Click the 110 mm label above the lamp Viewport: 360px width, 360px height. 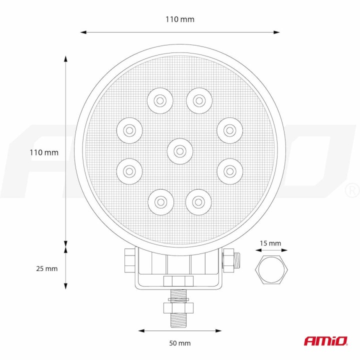pyautogui.click(x=180, y=19)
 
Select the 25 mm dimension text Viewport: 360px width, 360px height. pyautogui.click(x=47, y=268)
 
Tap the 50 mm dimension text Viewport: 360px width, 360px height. pyautogui.click(x=180, y=343)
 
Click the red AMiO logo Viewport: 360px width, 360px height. pyautogui.click(x=325, y=341)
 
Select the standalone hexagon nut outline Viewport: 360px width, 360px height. pyautogui.click(x=272, y=270)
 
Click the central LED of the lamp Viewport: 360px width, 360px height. pyautogui.click(x=179, y=150)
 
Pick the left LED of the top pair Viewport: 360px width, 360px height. pyautogui.click(x=160, y=100)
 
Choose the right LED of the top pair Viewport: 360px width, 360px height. pyautogui.click(x=199, y=100)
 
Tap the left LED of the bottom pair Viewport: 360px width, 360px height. pyautogui.click(x=160, y=201)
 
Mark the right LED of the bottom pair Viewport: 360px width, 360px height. pyautogui.click(x=198, y=201)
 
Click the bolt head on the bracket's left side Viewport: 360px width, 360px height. pyautogui.click(x=128, y=260)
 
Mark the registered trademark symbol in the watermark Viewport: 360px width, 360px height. pyautogui.click(x=352, y=190)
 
